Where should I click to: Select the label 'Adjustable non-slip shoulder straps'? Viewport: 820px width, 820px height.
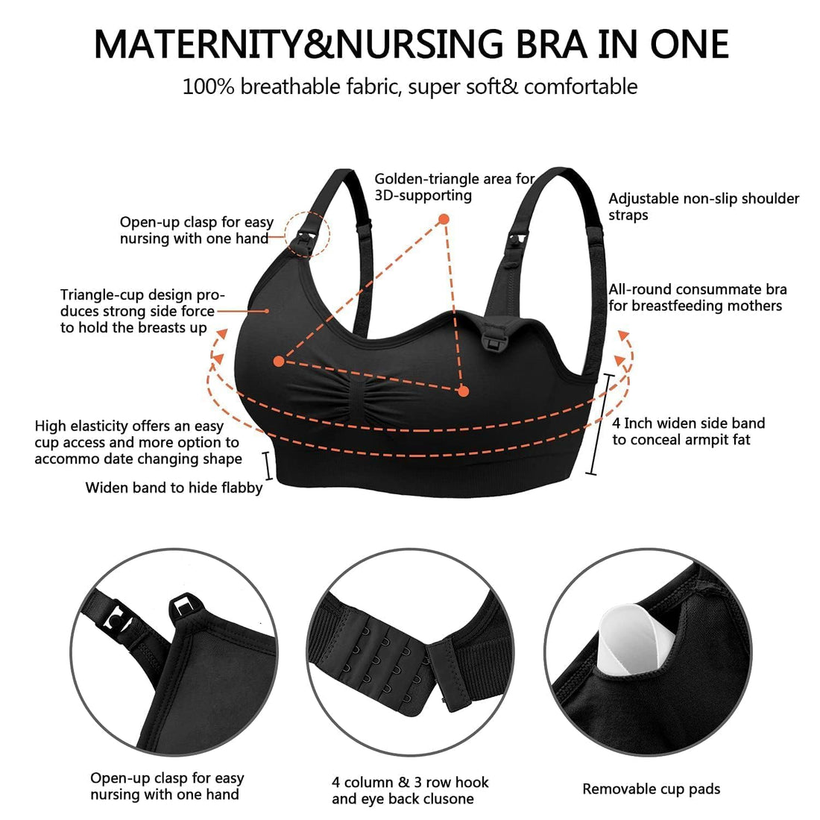coord(703,206)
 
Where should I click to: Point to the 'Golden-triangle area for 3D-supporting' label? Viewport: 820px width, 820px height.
coord(454,187)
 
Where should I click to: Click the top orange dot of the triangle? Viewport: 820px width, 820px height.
coord(444,219)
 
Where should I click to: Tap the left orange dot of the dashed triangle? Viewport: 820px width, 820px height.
coord(278,362)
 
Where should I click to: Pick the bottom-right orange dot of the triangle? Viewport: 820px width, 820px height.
coord(463,391)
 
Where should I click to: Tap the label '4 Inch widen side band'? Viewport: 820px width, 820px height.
coord(688,423)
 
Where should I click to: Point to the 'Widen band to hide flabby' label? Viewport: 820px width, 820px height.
coord(174,488)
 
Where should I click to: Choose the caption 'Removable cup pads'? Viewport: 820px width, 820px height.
coord(651,789)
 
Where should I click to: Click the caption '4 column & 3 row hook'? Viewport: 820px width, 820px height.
coord(410,782)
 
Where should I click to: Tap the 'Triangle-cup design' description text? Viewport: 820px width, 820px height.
coord(142,294)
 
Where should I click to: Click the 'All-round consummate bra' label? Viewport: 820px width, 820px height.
coord(697,289)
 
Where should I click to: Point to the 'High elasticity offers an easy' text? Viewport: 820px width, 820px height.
coord(129,426)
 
